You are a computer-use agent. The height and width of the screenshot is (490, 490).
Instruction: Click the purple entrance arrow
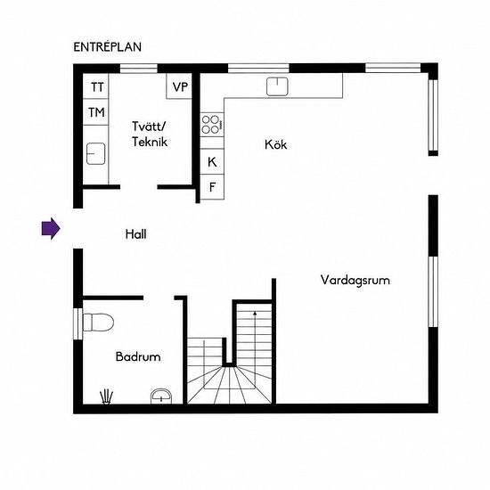click(x=51, y=228)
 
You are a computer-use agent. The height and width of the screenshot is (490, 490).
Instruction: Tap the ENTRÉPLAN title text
click(x=108, y=47)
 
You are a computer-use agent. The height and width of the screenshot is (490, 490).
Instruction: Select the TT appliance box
click(x=95, y=86)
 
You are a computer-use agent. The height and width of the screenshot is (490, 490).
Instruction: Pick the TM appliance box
click(x=95, y=112)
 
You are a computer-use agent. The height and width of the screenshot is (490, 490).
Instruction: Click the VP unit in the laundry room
click(x=179, y=86)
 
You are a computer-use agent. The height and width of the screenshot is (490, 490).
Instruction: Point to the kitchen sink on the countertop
click(x=277, y=86)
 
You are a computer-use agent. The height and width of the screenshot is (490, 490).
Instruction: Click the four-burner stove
click(x=212, y=125)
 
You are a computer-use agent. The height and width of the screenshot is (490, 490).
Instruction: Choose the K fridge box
click(x=212, y=161)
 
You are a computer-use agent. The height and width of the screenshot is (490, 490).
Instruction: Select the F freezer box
click(x=212, y=187)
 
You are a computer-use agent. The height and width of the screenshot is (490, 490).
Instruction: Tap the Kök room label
click(x=275, y=144)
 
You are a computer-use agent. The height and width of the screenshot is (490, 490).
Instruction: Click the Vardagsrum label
click(x=355, y=280)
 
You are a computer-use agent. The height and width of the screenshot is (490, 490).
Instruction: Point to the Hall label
click(x=135, y=234)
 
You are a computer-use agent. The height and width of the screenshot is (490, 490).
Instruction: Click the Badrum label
click(x=138, y=356)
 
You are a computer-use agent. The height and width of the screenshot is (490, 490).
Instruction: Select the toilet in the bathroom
click(x=98, y=323)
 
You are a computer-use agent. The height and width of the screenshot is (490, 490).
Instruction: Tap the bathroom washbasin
click(x=161, y=396)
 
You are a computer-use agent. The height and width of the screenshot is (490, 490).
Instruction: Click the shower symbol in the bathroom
click(x=106, y=397)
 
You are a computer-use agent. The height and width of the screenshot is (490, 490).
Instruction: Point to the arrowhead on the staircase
click(x=255, y=313)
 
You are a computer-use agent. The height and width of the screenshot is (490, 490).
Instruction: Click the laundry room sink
click(x=95, y=154)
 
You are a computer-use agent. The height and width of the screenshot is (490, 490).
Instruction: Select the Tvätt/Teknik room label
click(x=150, y=134)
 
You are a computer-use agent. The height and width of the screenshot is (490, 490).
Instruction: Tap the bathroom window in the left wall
click(x=78, y=323)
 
